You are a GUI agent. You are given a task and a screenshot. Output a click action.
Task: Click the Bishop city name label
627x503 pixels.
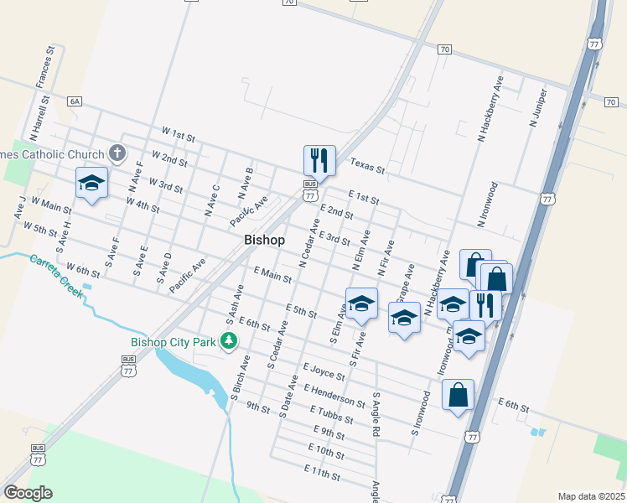coord(264,240)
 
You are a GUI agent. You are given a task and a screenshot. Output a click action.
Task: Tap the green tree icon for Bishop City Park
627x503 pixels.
coord(227,341)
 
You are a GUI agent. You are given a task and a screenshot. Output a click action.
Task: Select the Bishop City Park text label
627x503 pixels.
coord(174,342)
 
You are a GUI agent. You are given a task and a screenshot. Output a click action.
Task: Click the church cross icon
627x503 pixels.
coord(117,153)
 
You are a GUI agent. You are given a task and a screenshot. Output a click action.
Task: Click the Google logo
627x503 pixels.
coord(28,492)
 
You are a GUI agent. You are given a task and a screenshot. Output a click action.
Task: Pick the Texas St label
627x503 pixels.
coord(367,168)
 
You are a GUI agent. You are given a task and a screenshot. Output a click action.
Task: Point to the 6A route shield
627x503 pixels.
coord(75,101)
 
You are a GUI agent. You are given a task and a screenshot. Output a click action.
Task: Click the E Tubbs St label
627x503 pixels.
coord(333,416)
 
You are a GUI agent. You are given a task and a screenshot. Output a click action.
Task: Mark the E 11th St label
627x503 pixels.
coord(323,474)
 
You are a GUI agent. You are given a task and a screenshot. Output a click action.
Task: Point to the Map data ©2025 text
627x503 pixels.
coord(592,496)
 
